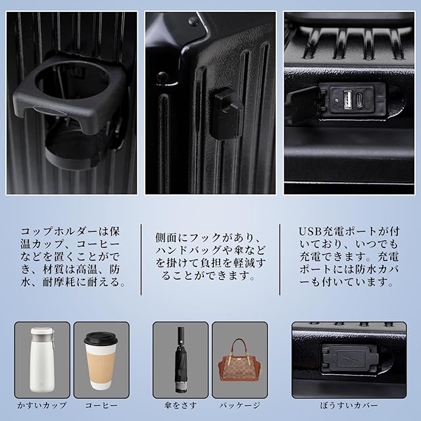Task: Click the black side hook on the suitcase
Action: (226, 114)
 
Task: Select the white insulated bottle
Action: (43, 359)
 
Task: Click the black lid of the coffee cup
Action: (101, 338)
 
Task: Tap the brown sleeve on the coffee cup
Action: (101, 364)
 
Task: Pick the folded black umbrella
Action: (181, 359)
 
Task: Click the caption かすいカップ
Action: (42, 405)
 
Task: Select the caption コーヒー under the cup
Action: (101, 405)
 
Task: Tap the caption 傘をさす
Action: (181, 405)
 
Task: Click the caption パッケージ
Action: (239, 405)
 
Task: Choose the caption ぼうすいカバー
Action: (349, 405)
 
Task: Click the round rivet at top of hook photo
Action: (193, 21)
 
